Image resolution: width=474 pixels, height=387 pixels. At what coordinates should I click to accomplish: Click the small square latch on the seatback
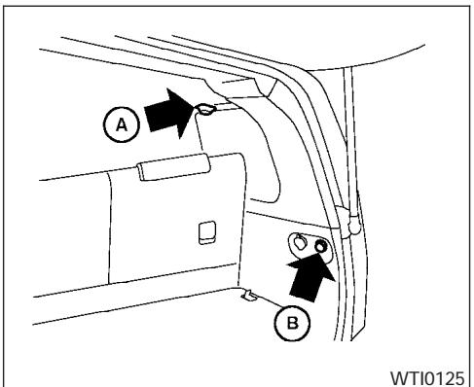(205, 232)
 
